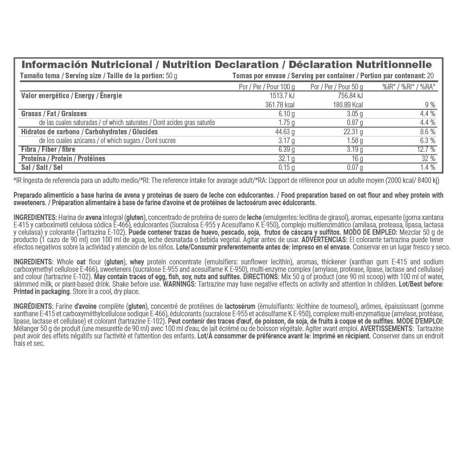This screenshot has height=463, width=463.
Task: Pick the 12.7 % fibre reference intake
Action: pos(425,150)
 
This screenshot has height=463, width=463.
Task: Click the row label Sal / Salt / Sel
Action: pos(42,168)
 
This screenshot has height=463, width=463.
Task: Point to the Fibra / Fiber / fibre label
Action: pos(49,150)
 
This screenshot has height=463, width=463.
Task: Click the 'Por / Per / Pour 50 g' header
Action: pos(337,87)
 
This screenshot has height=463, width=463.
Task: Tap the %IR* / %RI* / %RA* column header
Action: pos(409,87)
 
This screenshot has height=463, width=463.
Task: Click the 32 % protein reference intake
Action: pos(428,159)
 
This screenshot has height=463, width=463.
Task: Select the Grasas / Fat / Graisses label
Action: pos(54,114)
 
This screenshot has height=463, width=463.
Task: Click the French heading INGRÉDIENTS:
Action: pos(33,307)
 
